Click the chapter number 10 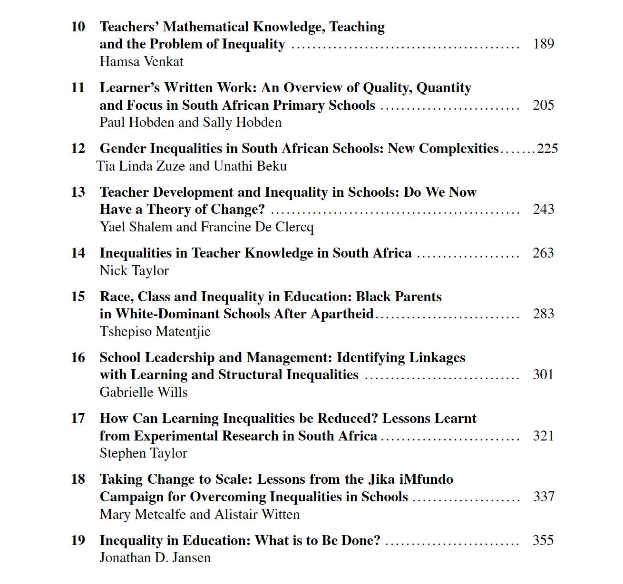[78, 27]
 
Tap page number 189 [544, 44]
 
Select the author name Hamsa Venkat [141, 62]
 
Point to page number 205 [544, 105]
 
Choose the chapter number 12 [78, 148]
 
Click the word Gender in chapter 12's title [123, 149]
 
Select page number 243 [544, 210]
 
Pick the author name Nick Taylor [134, 271]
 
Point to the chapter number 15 [78, 297]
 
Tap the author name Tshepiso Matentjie [155, 332]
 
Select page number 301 [544, 375]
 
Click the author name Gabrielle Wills [144, 393]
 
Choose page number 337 [544, 497]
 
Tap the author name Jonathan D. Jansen [155, 558]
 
